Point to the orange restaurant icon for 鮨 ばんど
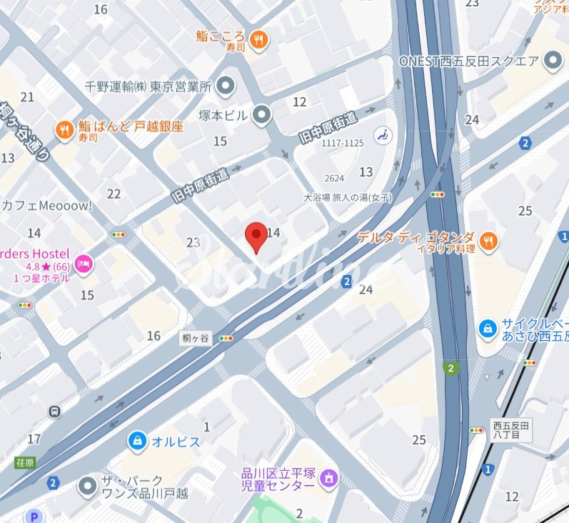click(x=65, y=129)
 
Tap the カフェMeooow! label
click(x=47, y=206)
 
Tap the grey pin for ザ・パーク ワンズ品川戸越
click(x=88, y=487)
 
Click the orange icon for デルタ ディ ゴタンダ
click(x=489, y=242)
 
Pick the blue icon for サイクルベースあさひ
click(x=488, y=328)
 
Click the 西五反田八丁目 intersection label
click(x=512, y=431)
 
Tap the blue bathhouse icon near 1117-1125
click(x=383, y=134)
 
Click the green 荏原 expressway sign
click(x=25, y=462)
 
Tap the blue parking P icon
click(x=33, y=516)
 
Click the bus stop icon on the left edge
click(x=55, y=412)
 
